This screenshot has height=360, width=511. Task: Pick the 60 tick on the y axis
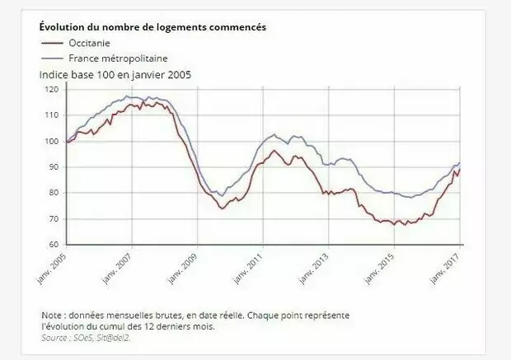pyautogui.click(x=54, y=245)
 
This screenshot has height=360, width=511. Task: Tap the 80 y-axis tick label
pyautogui.click(x=54, y=193)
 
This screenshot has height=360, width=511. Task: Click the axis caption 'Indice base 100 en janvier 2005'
pyautogui.click(x=116, y=74)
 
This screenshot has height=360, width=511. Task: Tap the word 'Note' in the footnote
pyautogui.click(x=51, y=316)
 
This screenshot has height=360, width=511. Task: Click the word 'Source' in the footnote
pyautogui.click(x=54, y=336)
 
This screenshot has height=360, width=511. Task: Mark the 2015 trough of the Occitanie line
pyautogui.click(x=396, y=224)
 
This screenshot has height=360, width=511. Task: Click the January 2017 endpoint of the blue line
pyautogui.click(x=459, y=162)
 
